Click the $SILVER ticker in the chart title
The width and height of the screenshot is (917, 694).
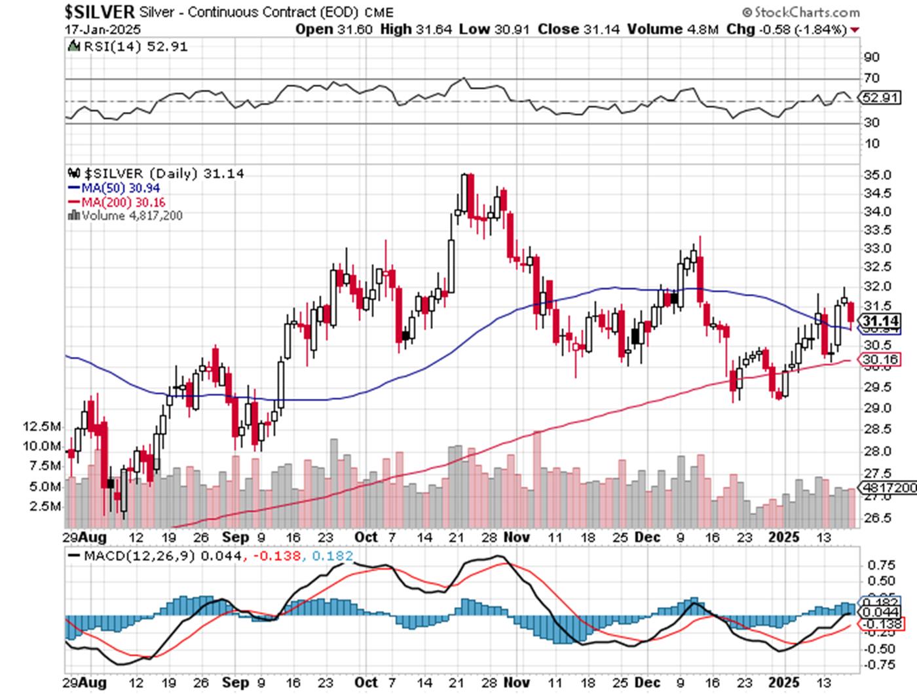pyautogui.click(x=100, y=12)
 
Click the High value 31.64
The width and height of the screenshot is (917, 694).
pyautogui.click(x=434, y=29)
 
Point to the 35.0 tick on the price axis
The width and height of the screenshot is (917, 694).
pyautogui.click(x=877, y=175)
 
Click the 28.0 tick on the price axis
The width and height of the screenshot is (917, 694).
pyautogui.click(x=877, y=451)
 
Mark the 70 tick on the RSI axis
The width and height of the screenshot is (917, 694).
pyautogui.click(x=871, y=79)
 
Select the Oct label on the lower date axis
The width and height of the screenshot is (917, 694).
pyautogui.click(x=366, y=682)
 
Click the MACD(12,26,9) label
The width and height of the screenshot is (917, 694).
pyautogui.click(x=138, y=557)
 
